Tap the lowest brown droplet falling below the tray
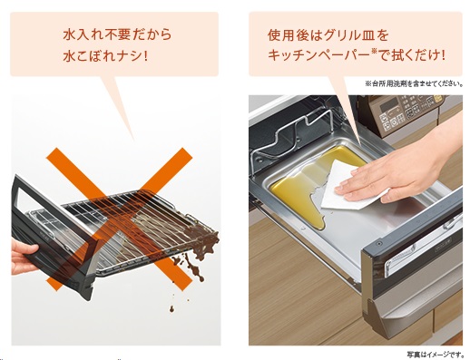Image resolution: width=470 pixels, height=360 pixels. coord(171,309)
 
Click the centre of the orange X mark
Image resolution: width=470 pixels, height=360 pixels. coord(119,219)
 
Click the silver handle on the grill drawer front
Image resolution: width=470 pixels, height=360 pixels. coord(424,252)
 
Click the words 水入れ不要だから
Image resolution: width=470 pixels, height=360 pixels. coord(117,34)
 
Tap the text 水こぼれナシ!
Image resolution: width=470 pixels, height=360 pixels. coord(105,56)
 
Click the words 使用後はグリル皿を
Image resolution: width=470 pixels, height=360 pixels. coord(328,35)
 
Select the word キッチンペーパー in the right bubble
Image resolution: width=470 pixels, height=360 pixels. coord(318,55)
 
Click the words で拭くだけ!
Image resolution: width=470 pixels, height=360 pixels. coord(412,55)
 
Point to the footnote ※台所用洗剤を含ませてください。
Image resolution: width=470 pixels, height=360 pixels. coord(414,83)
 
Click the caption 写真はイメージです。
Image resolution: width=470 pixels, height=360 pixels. coord(435,354)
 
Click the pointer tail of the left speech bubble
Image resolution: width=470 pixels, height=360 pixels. coord(121,106)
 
